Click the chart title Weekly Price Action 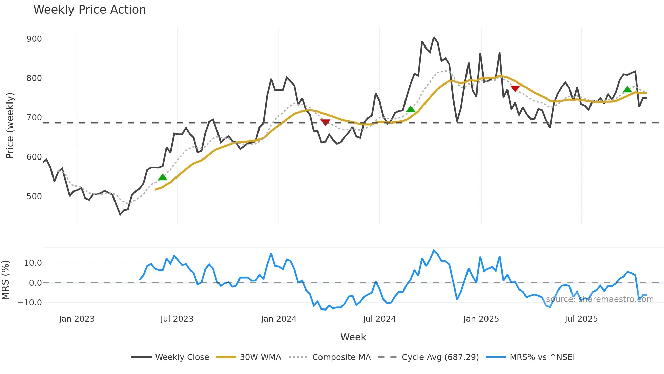[x=89, y=10]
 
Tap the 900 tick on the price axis [x=34, y=39]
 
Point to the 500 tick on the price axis [x=34, y=197]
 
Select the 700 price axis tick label [x=34, y=118]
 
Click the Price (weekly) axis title [x=10, y=126]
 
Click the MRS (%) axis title [x=5, y=280]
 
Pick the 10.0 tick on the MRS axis [x=33, y=263]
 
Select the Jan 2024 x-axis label [x=278, y=319]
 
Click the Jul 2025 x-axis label [x=581, y=319]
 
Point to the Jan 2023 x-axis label [x=77, y=319]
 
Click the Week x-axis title [x=353, y=337]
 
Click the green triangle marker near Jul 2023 [x=163, y=177]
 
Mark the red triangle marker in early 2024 [x=325, y=122]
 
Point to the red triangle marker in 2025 [x=515, y=89]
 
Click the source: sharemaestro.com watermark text [x=600, y=299]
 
